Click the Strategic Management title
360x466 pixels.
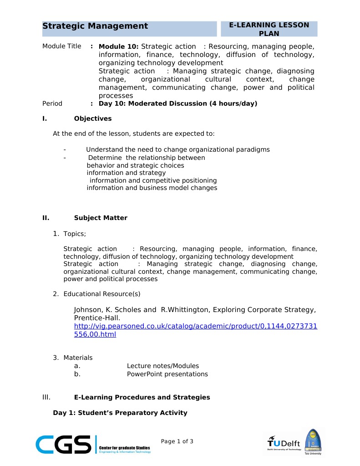(95, 26)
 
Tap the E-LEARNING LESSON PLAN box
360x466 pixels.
(269, 29)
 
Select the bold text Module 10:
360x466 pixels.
(119, 46)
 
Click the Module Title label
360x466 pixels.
(61, 46)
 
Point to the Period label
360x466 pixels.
(52, 103)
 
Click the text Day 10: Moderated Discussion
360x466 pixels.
(177, 103)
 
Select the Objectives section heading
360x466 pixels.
(92, 119)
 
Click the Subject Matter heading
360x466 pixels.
(101, 218)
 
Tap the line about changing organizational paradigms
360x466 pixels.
(177, 149)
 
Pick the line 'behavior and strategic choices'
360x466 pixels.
(135, 165)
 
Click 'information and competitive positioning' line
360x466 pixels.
(153, 180)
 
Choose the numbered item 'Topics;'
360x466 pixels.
(74, 234)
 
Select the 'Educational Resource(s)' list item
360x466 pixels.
(101, 294)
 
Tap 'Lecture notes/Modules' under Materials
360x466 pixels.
(162, 366)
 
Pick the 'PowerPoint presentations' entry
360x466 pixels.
(167, 374)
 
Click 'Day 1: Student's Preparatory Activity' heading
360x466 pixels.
(120, 413)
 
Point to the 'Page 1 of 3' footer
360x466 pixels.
(177, 441)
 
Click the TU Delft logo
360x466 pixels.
(284, 442)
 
